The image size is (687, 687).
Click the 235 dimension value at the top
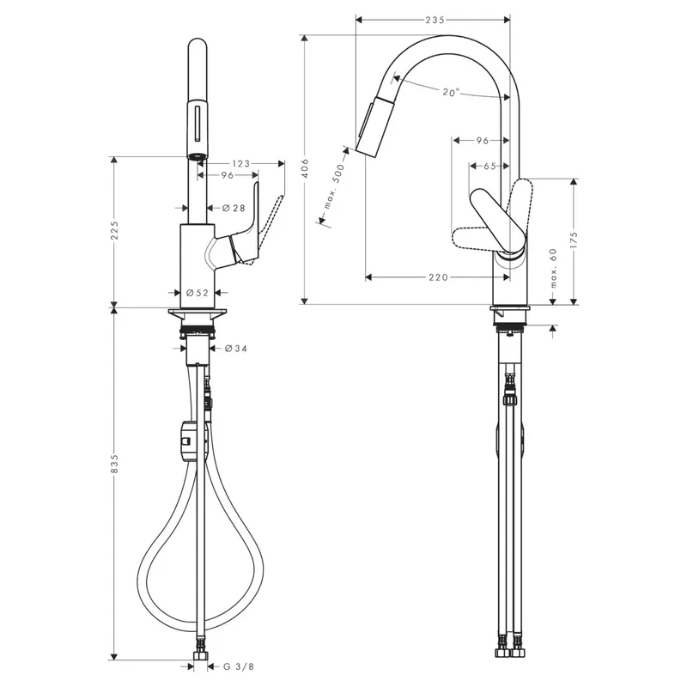[435, 20]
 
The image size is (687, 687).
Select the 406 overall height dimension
[305, 168]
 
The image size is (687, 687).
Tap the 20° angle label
[451, 92]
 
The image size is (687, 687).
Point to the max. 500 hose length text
[335, 185]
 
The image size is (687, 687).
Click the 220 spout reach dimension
[438, 277]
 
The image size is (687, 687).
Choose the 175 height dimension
[574, 240]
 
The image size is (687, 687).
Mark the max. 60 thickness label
[553, 268]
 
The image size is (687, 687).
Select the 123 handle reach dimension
[241, 163]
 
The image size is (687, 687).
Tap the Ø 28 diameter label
[234, 208]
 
